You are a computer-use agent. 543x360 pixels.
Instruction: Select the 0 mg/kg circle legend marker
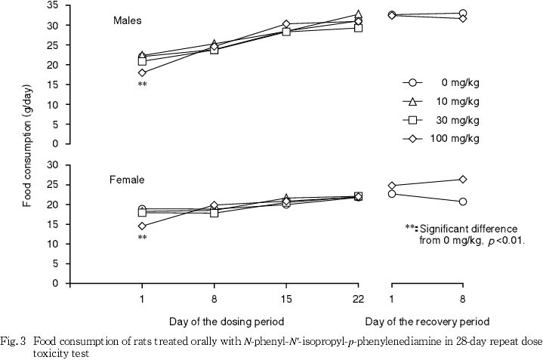[x=411, y=84]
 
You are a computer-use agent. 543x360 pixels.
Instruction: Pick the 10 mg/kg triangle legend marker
[x=411, y=101]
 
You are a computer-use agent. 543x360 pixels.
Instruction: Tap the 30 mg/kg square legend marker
[x=411, y=120]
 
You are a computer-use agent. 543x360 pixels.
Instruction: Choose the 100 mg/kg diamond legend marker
[x=411, y=138]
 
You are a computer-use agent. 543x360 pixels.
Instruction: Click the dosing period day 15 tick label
[x=286, y=300]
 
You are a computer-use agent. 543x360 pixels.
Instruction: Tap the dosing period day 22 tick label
[x=358, y=300]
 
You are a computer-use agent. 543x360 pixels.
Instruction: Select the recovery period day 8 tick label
[x=462, y=300]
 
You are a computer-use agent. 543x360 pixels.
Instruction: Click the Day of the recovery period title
[x=427, y=321]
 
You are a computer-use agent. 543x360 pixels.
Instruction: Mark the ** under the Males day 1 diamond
[x=142, y=85]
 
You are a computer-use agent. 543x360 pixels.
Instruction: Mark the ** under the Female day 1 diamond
[x=142, y=238]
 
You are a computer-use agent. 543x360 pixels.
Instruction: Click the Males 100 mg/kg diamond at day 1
[x=142, y=72]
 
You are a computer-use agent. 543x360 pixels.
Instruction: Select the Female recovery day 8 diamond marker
[x=462, y=180]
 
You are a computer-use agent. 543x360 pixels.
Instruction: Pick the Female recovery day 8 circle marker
[x=462, y=202]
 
